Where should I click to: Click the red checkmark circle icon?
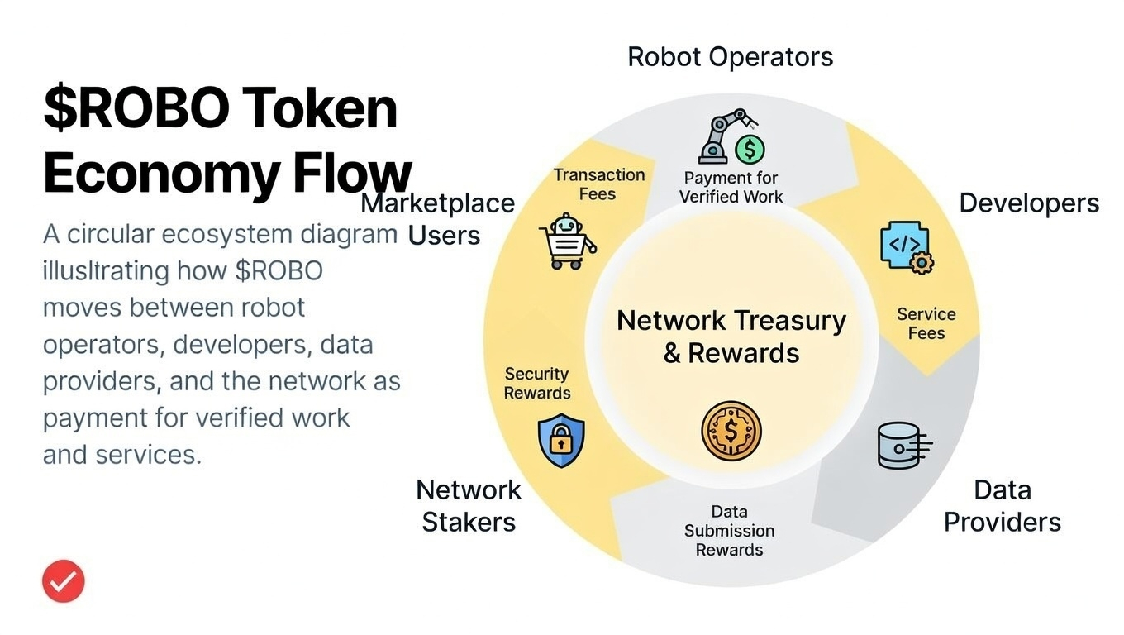coord(64,580)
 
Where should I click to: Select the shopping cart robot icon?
coord(567,242)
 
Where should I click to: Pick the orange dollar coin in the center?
coord(731,431)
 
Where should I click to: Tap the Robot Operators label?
coord(730,57)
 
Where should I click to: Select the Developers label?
coord(1028,203)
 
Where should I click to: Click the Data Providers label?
coord(1002,506)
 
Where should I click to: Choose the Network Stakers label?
coord(469,506)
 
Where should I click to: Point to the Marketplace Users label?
coord(439,219)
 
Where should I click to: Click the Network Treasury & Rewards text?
coord(731,337)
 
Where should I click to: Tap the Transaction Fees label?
coord(598,184)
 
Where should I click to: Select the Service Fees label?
coord(926,323)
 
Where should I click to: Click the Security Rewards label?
coord(537,384)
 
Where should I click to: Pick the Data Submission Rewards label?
coord(729,531)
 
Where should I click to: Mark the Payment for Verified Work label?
coord(731,187)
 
